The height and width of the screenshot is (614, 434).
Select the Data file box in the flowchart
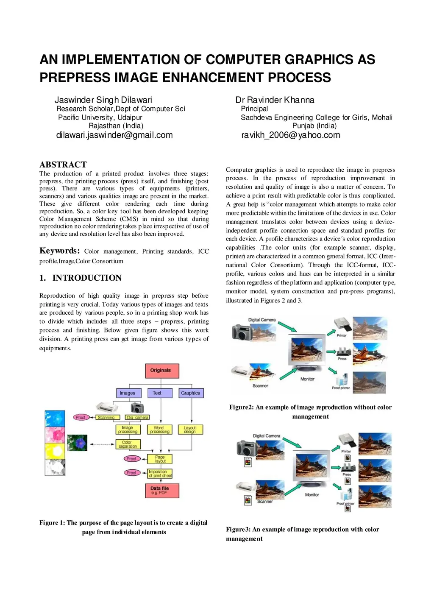(161, 491)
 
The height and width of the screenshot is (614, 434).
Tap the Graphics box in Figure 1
(191, 393)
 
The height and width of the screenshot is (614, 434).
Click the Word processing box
(160, 430)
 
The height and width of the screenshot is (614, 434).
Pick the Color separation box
(128, 444)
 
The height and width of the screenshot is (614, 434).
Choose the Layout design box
(190, 430)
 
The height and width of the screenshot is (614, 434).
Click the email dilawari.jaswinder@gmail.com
(114, 135)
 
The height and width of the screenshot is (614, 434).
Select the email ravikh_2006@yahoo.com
(291, 135)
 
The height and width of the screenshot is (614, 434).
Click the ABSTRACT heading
(63, 165)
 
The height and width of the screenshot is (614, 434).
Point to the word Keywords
(59, 251)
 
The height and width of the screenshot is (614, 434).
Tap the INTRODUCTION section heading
(87, 278)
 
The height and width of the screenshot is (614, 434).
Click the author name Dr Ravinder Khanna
(275, 100)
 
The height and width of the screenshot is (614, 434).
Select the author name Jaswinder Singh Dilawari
(103, 100)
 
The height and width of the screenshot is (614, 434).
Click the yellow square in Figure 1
(55, 451)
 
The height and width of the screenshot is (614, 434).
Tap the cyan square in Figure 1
(55, 418)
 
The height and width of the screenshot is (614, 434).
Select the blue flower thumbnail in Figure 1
(77, 443)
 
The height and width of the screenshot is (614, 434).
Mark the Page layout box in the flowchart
(160, 459)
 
